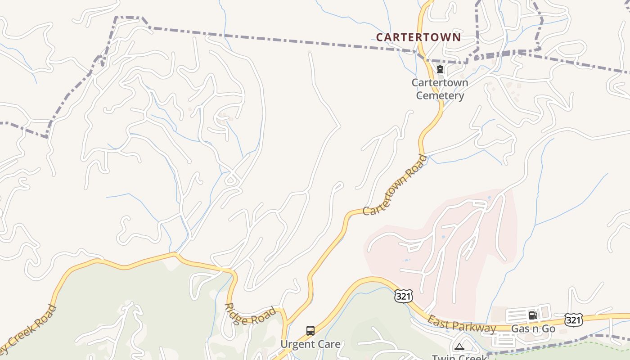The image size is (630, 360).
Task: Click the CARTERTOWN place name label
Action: (418, 37)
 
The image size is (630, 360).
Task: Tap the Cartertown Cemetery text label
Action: (440, 89)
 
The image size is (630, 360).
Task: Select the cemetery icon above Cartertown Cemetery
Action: (440, 69)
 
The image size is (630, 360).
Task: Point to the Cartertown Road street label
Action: (395, 185)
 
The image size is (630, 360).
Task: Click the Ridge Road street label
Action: (250, 314)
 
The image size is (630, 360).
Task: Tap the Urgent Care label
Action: (310, 344)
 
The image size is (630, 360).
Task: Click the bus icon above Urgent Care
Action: (310, 331)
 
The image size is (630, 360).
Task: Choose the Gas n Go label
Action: (533, 329)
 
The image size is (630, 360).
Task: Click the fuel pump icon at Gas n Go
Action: (533, 315)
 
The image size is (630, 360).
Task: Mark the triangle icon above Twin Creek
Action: (459, 346)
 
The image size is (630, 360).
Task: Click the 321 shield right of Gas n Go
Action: (573, 319)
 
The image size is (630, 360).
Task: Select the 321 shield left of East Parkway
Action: (402, 296)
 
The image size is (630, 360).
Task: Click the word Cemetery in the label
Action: (440, 95)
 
